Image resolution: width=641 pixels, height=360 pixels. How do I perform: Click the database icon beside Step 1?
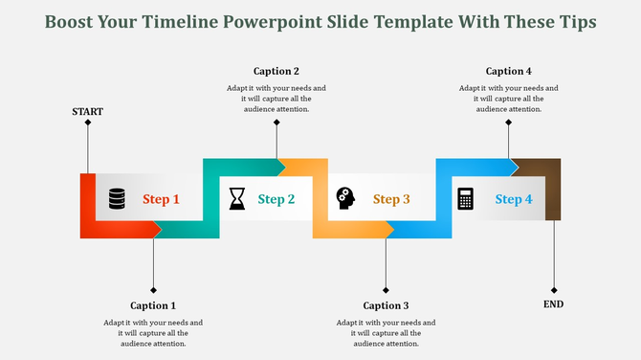(117, 198)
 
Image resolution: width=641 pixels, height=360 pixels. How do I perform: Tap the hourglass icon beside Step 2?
(236, 198)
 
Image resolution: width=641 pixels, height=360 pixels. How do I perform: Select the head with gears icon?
(345, 198)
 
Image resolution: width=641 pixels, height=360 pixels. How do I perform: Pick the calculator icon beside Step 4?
(466, 198)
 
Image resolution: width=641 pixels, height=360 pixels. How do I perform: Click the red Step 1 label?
(162, 199)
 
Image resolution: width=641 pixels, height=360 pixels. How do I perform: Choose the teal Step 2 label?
(276, 199)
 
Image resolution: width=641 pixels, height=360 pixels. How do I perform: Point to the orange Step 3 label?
(391, 199)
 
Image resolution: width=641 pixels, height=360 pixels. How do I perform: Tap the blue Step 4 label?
(514, 199)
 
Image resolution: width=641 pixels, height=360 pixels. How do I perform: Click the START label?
(87, 112)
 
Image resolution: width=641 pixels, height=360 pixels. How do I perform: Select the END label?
(554, 304)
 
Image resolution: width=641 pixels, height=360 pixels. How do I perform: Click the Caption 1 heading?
(153, 306)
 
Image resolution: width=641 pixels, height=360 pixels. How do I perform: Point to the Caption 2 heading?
(276, 71)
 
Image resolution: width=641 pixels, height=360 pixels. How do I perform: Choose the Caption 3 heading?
(386, 306)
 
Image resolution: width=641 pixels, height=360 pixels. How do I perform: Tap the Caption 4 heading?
(509, 71)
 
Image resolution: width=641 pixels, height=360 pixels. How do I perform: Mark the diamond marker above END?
(554, 290)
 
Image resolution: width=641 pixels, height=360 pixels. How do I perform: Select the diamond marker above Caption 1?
(153, 290)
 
